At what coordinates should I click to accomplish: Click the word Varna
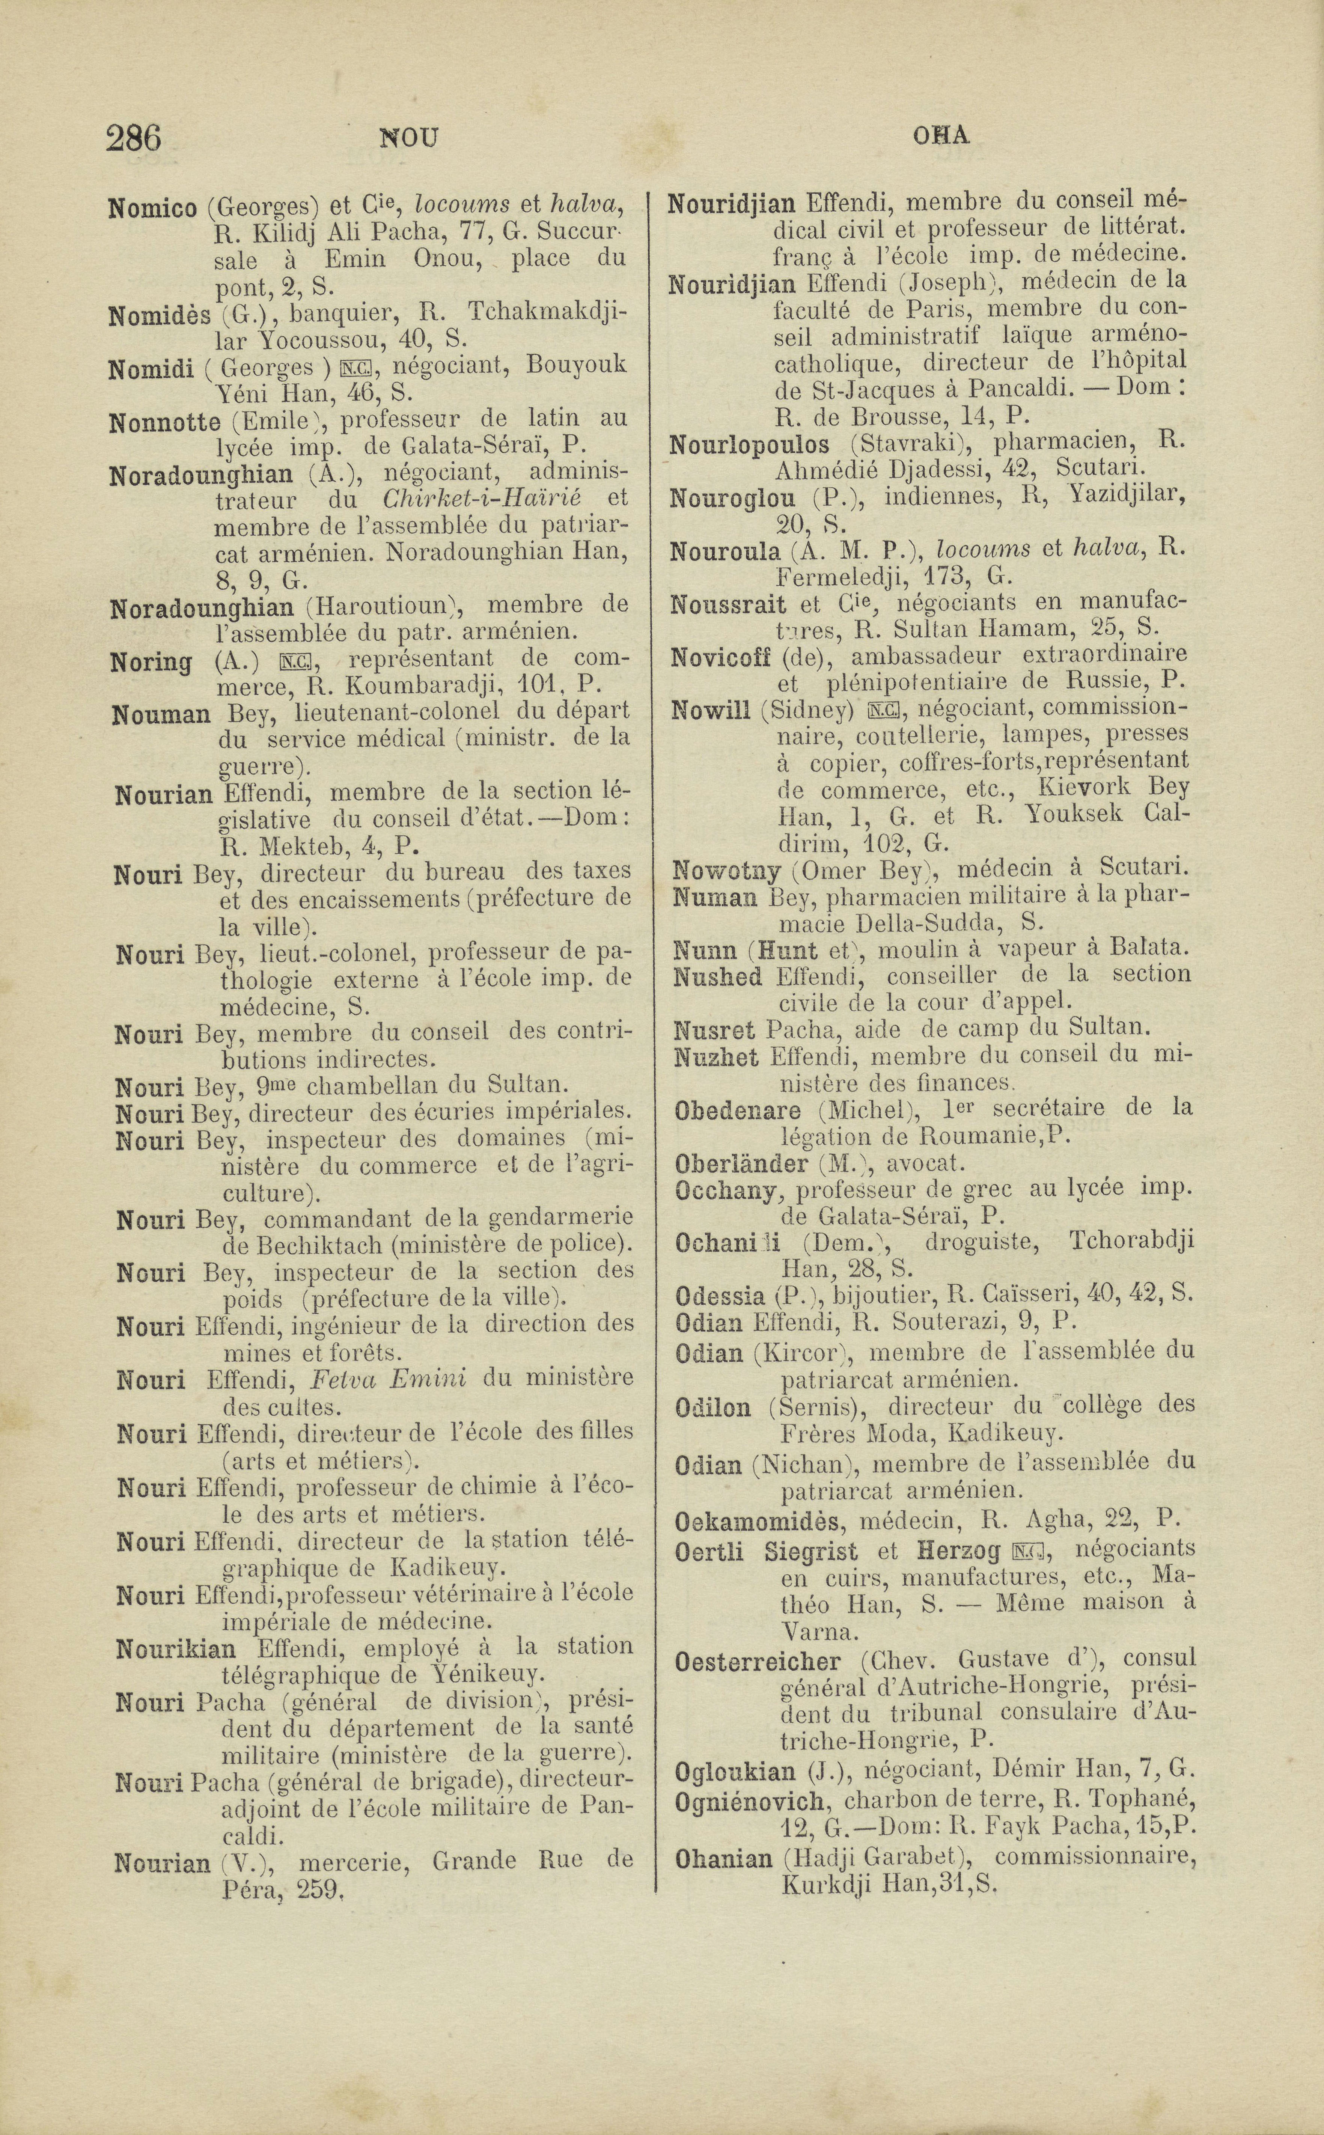(818, 1632)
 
